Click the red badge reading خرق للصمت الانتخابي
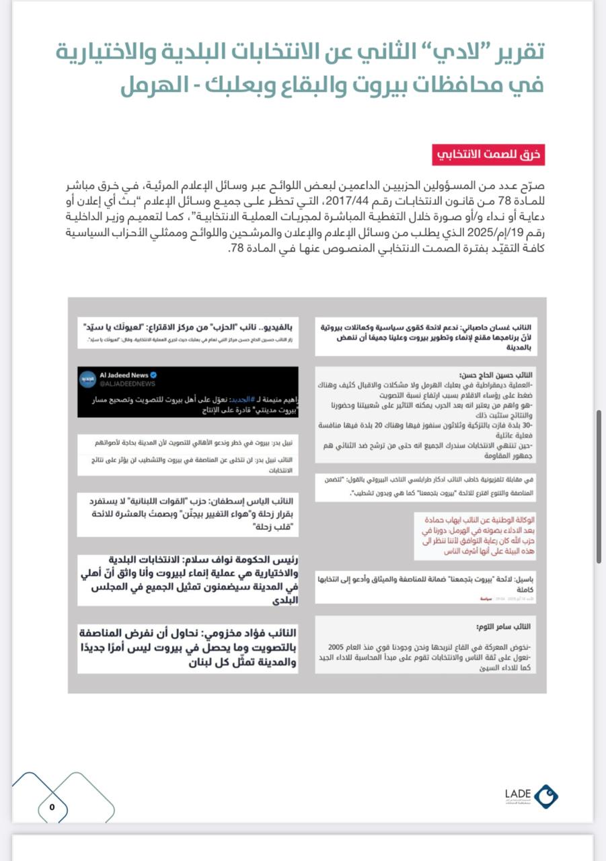488,155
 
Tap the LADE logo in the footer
531,796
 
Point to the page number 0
52,807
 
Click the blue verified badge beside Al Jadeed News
153,375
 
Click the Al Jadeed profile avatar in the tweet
88,379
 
